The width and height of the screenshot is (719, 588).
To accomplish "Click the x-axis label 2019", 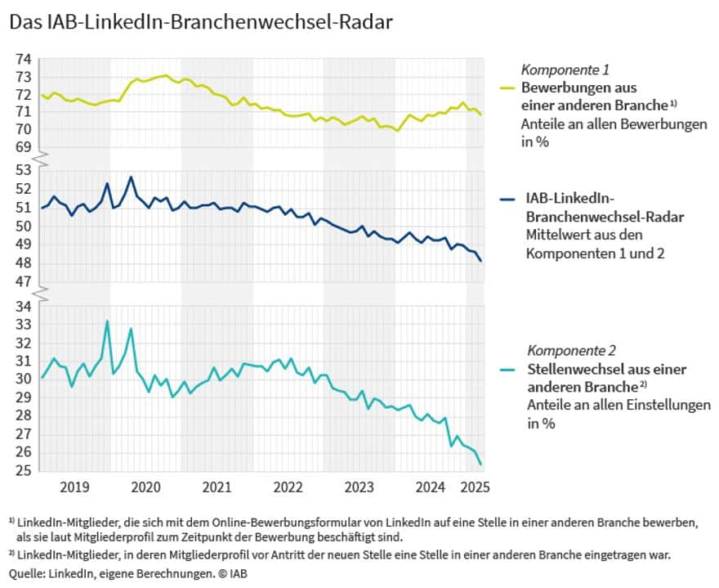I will coord(74,488).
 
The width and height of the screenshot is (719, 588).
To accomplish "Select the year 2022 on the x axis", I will coord(288,488).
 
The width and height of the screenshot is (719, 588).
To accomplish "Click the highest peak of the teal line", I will coord(107,321).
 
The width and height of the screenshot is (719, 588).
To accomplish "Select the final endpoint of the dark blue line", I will coord(480,261).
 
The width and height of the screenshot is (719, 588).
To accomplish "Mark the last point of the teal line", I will coord(480,465).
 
